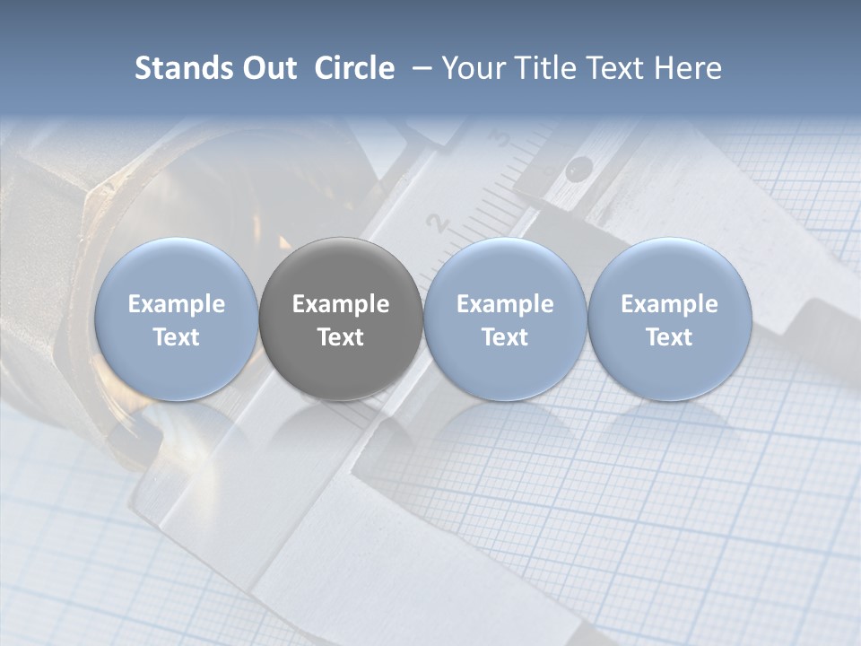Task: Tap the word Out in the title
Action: [x=269, y=68]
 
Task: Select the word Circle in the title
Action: [x=354, y=68]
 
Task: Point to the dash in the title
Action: [x=419, y=68]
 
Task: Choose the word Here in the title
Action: [x=690, y=68]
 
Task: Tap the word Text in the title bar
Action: [x=618, y=68]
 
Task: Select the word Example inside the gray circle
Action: [x=341, y=304]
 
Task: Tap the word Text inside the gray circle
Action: [x=341, y=337]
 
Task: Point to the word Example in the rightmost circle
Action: [x=669, y=304]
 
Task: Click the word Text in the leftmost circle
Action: [x=176, y=337]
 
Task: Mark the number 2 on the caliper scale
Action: [x=437, y=223]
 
